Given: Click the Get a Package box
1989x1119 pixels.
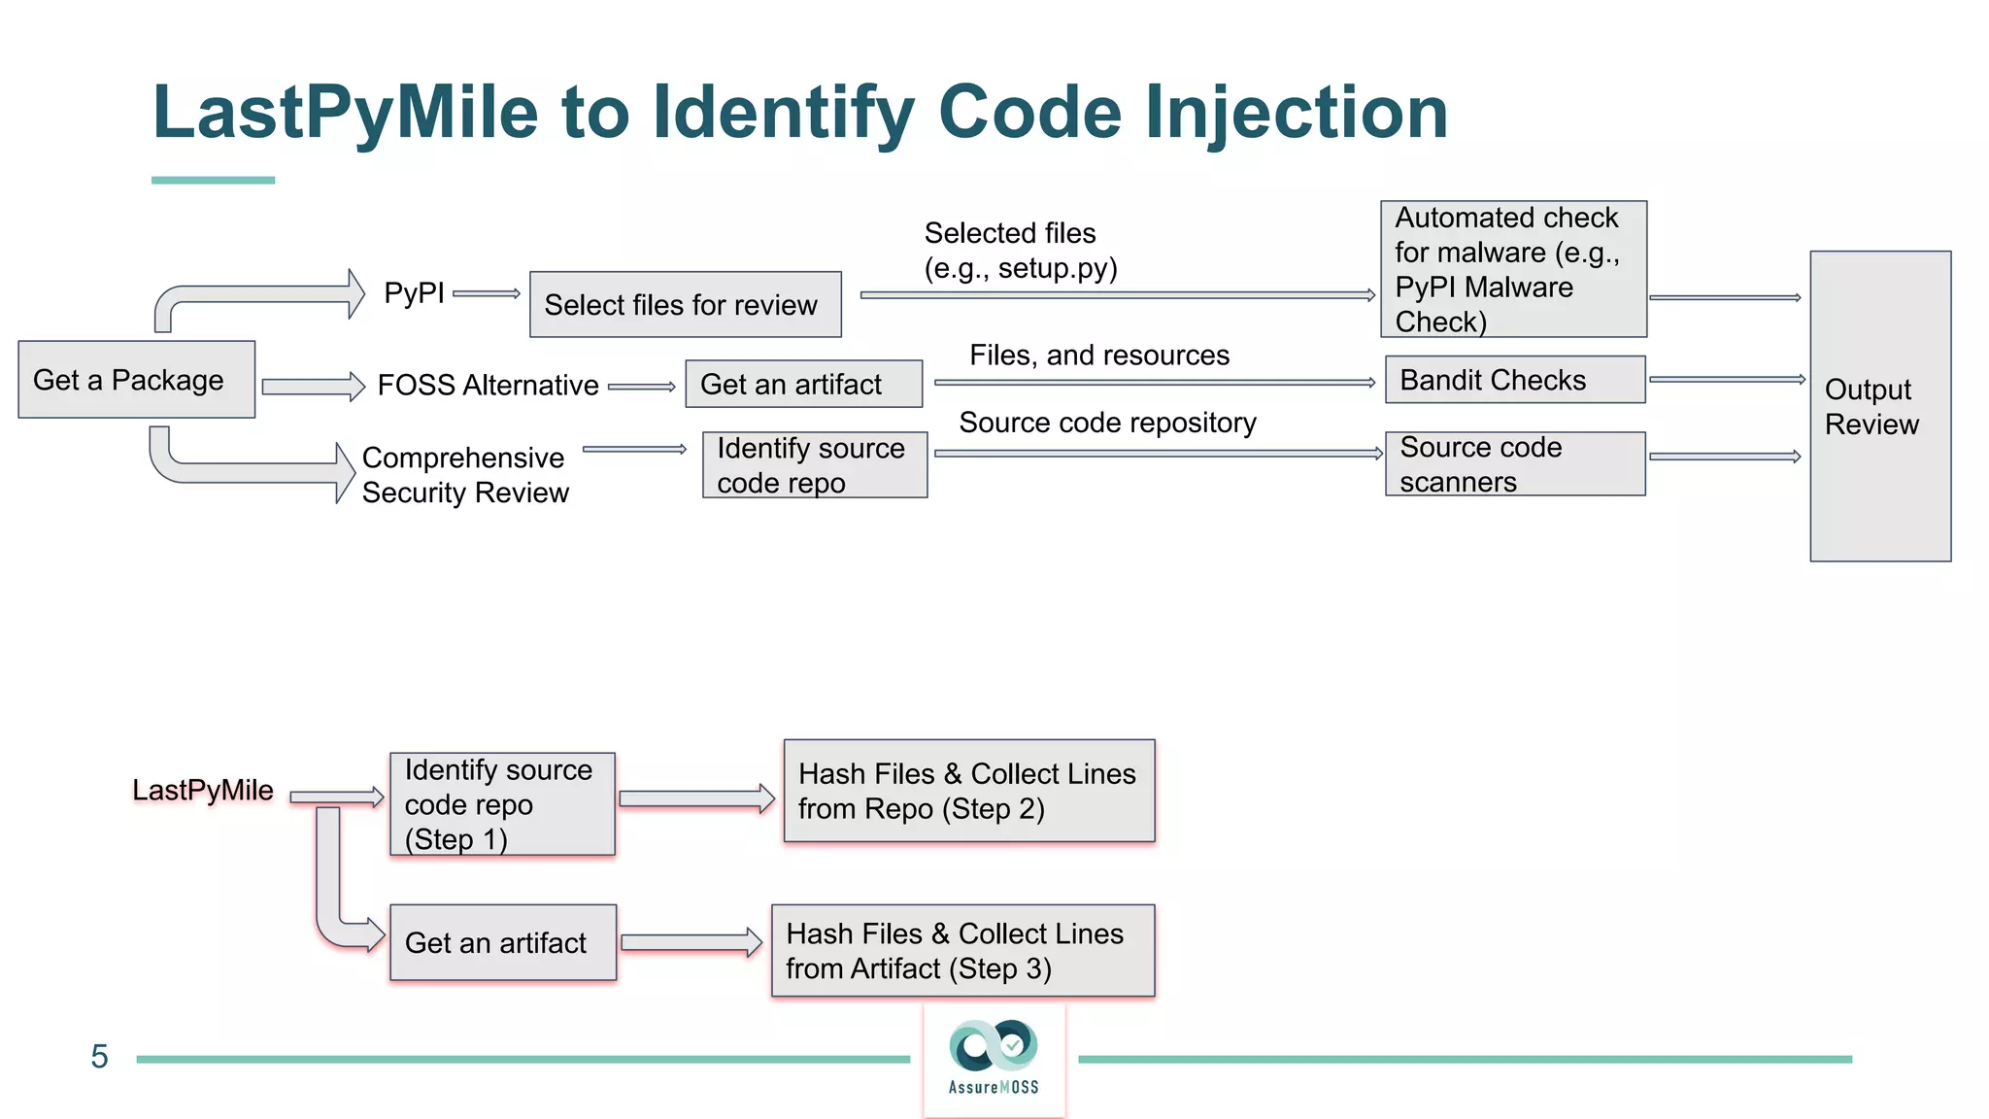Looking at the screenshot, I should point(136,380).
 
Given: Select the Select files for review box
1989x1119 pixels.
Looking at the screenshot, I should point(685,305).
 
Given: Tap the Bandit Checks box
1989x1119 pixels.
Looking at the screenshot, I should point(1514,380).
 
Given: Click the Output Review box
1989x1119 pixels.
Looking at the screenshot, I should point(1879,406).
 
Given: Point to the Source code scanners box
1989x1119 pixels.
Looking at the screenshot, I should point(1514,464).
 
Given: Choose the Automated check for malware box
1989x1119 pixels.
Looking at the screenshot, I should point(1512,269).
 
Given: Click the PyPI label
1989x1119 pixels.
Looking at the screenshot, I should point(414,292).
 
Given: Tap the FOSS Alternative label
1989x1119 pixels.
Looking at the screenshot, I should point(488,386).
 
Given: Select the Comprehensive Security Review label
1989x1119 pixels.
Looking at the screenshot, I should point(464,475).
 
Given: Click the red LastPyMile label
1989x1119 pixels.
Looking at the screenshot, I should point(202,791).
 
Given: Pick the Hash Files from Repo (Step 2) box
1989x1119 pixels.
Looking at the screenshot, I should point(968,791).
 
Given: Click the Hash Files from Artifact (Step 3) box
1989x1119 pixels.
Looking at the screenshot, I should point(962,951).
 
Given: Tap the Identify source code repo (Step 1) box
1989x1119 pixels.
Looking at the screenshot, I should point(502,804).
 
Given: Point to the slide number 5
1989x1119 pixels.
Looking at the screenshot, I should point(99,1057).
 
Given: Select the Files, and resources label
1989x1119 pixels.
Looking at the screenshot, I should point(1098,356).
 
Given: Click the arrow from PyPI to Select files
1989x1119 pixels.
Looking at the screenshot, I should point(487,293).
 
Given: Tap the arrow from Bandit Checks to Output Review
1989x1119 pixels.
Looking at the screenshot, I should point(1726,380).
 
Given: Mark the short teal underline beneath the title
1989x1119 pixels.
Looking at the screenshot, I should point(213,180).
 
